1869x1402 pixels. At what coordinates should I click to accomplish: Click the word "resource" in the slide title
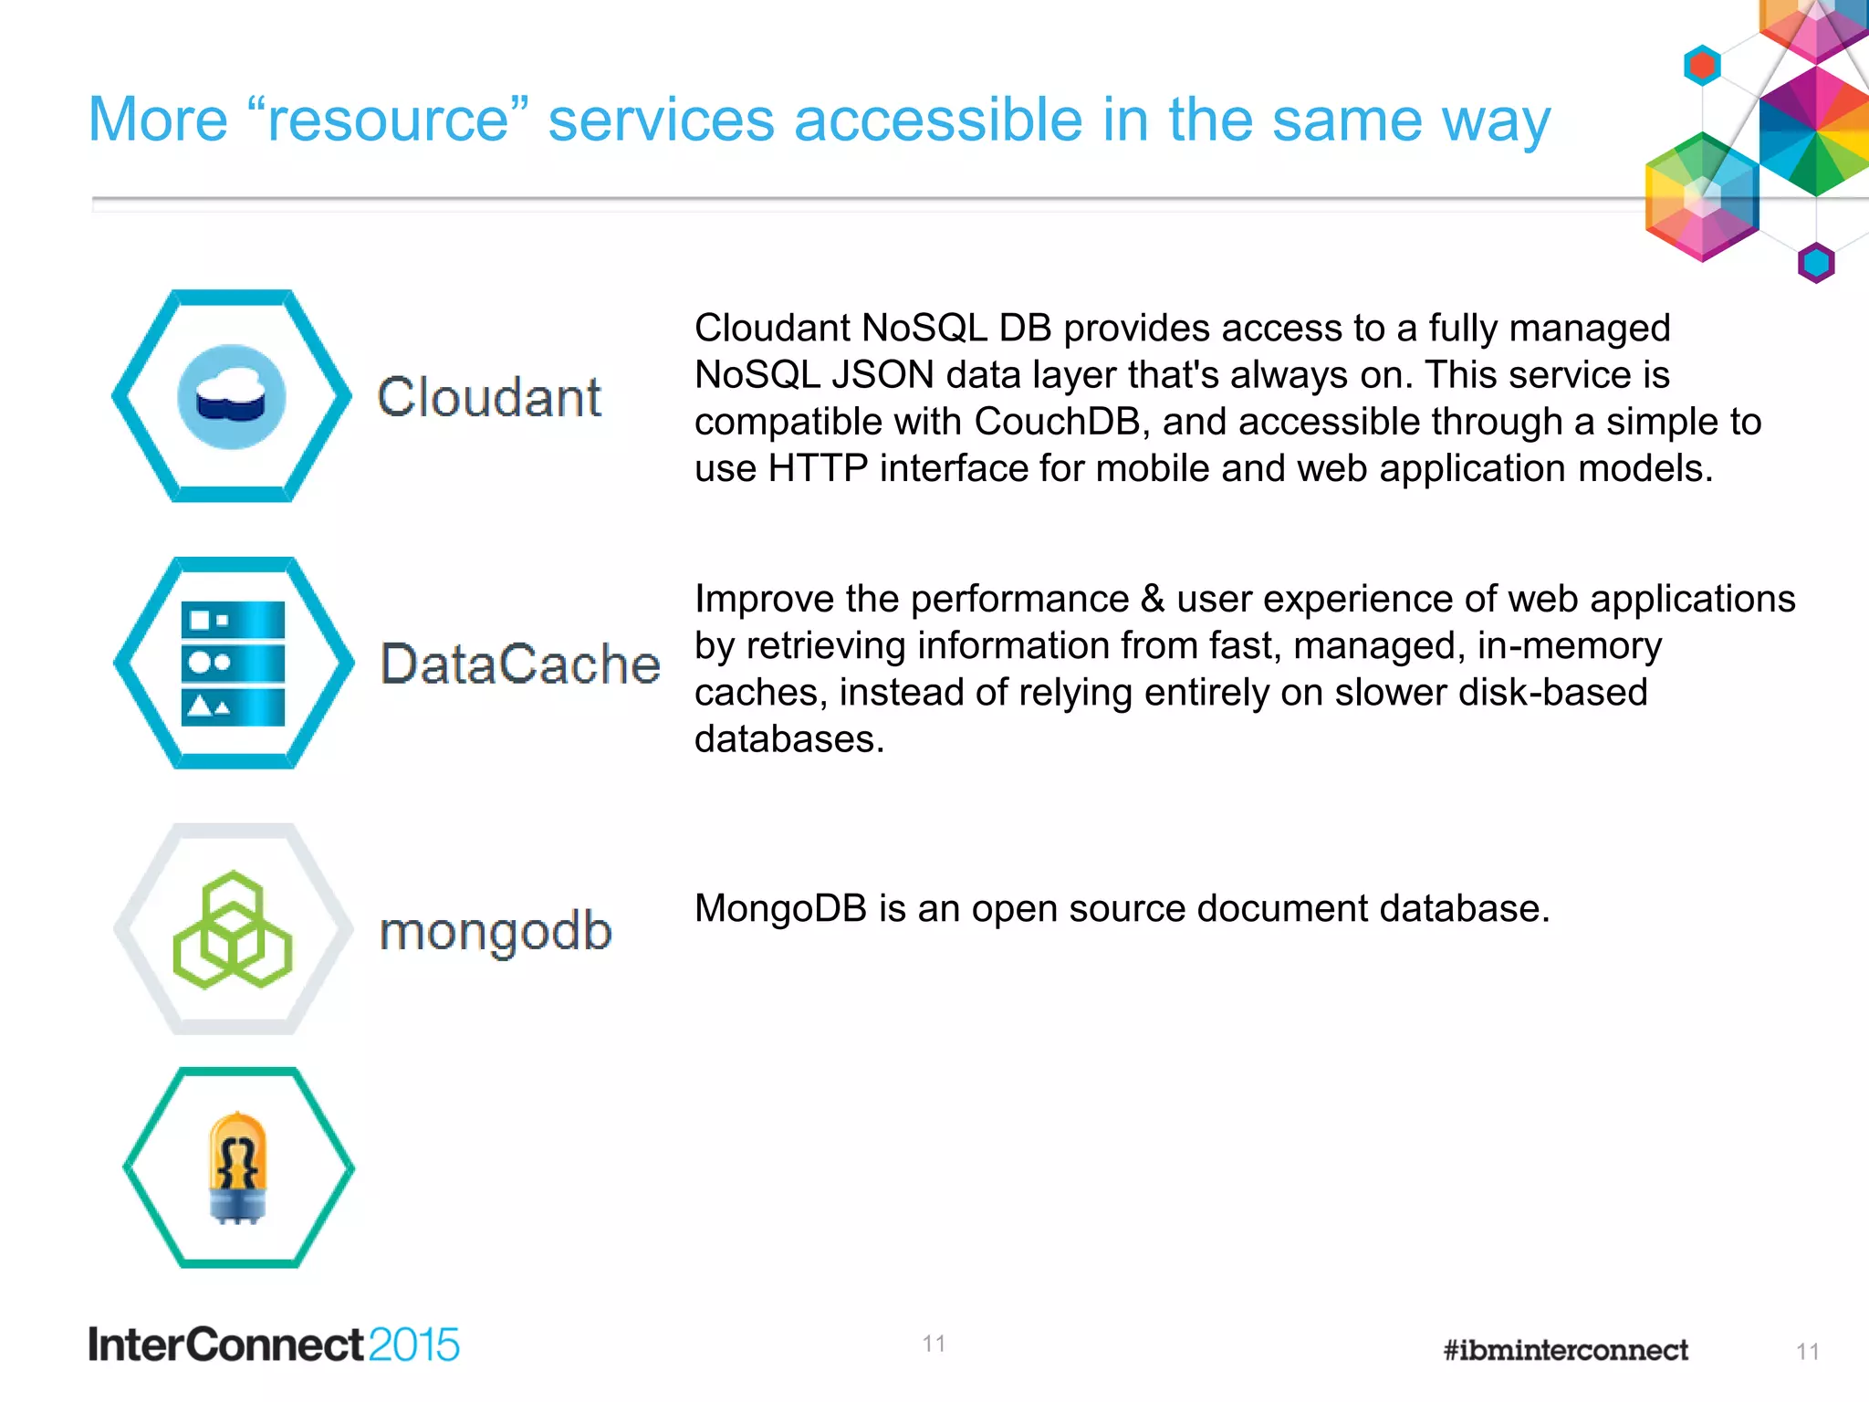point(388,120)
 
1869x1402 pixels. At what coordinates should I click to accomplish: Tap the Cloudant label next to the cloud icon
point(489,398)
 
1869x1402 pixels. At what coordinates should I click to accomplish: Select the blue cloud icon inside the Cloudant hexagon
point(231,397)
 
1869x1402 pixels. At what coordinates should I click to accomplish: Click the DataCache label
point(520,664)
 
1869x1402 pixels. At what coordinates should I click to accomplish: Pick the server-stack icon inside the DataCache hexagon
point(233,664)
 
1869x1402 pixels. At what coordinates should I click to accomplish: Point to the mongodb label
point(496,931)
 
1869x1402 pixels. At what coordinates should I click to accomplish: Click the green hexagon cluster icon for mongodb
point(233,930)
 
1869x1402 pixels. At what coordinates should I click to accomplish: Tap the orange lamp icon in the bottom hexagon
point(237,1167)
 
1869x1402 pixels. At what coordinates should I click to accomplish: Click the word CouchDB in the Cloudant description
point(1057,422)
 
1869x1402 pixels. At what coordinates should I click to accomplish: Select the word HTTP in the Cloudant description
point(817,468)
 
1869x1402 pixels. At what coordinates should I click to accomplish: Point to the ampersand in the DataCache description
point(1152,600)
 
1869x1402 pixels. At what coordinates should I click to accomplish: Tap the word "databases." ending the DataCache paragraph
point(789,739)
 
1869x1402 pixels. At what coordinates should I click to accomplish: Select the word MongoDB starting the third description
point(780,909)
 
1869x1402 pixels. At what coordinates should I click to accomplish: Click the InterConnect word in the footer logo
point(226,1345)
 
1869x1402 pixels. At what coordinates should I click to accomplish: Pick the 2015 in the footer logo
point(413,1345)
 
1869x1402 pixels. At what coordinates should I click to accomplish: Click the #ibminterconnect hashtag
point(1565,1350)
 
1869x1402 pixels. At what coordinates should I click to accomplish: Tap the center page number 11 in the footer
point(933,1344)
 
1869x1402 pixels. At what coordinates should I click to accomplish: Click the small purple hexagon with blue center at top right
point(1815,264)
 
